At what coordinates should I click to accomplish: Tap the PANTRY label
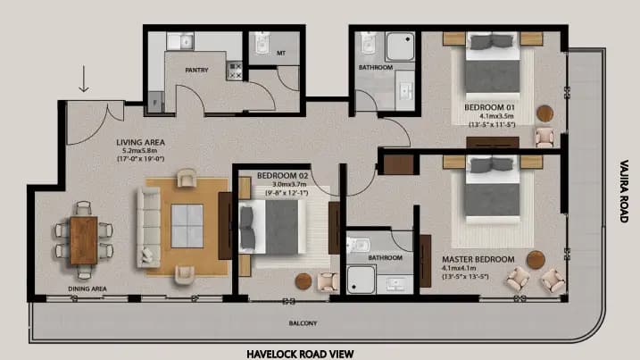[x=196, y=68]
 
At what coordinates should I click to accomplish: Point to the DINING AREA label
[x=88, y=289]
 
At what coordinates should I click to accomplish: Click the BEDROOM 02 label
[x=282, y=176]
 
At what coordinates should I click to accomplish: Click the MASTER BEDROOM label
[x=478, y=259]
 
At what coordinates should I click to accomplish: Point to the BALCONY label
[x=303, y=322]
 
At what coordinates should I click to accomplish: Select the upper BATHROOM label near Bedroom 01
[x=375, y=67]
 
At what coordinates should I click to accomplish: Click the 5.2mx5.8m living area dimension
[x=137, y=151]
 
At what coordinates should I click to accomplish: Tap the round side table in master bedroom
[x=535, y=258]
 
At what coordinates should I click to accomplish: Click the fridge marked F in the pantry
[x=156, y=103]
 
